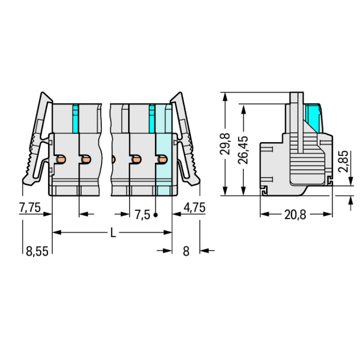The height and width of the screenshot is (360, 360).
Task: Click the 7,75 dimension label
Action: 30,207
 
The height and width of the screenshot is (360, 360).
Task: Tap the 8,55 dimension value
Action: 37,251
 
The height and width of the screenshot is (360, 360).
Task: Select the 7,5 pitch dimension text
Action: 143,215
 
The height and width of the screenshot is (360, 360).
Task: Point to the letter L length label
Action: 113,233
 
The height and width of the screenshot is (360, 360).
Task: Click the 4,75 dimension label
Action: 194,207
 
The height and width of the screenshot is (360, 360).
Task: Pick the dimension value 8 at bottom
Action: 186,251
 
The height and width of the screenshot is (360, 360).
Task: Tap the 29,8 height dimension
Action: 225,144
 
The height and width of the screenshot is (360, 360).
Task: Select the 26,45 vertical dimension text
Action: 243,150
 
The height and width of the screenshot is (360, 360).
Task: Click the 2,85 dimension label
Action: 344,161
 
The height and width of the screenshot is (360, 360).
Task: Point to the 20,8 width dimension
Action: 295,215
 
